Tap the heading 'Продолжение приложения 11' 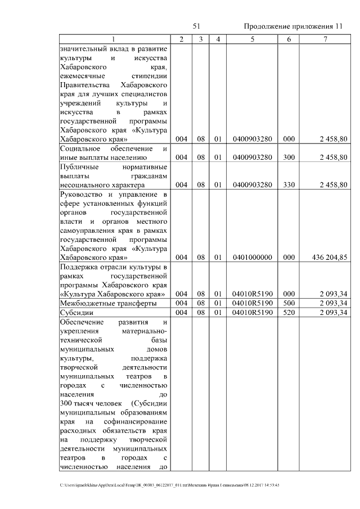(292, 26)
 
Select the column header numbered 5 (253, 39)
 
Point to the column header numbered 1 (114, 39)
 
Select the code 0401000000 (253, 258)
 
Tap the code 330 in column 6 (289, 184)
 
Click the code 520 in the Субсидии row (289, 313)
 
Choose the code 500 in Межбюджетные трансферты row (289, 303)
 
